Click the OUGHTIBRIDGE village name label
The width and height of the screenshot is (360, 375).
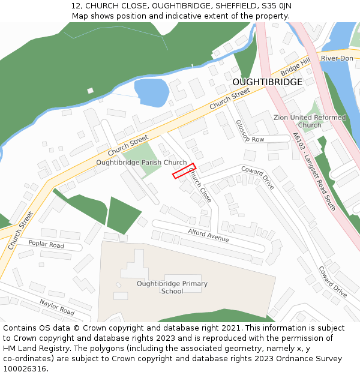pos(267,82)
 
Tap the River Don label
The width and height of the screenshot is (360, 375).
pos(337,58)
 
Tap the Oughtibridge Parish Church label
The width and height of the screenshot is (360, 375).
pos(142,162)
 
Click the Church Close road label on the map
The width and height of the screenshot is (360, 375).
pos(200,185)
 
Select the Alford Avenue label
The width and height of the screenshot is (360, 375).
pos(208,235)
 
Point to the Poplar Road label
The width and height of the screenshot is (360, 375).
pos(46,245)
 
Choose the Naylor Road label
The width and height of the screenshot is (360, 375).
pos(57,308)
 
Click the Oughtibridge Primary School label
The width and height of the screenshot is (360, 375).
pos(172,287)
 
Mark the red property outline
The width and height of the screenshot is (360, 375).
pos(184,171)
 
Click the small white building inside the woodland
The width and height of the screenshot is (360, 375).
pos(90,91)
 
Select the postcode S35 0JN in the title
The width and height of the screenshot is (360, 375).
pos(275,5)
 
